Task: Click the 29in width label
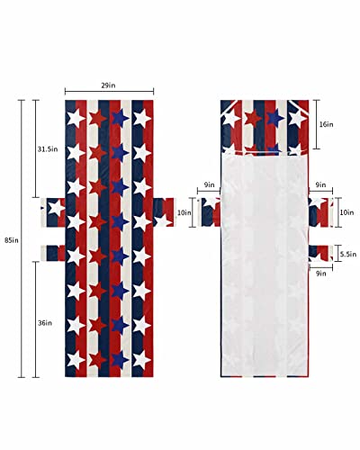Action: pyautogui.click(x=110, y=85)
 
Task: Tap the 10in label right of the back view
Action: pyautogui.click(x=347, y=213)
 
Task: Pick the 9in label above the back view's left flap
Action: pyautogui.click(x=209, y=184)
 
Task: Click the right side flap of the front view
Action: pyautogui.click(x=163, y=213)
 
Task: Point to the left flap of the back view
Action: pyautogui.click(x=210, y=213)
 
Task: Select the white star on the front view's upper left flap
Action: pyautogui.click(x=55, y=209)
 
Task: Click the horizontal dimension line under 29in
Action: pyautogui.click(x=110, y=91)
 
